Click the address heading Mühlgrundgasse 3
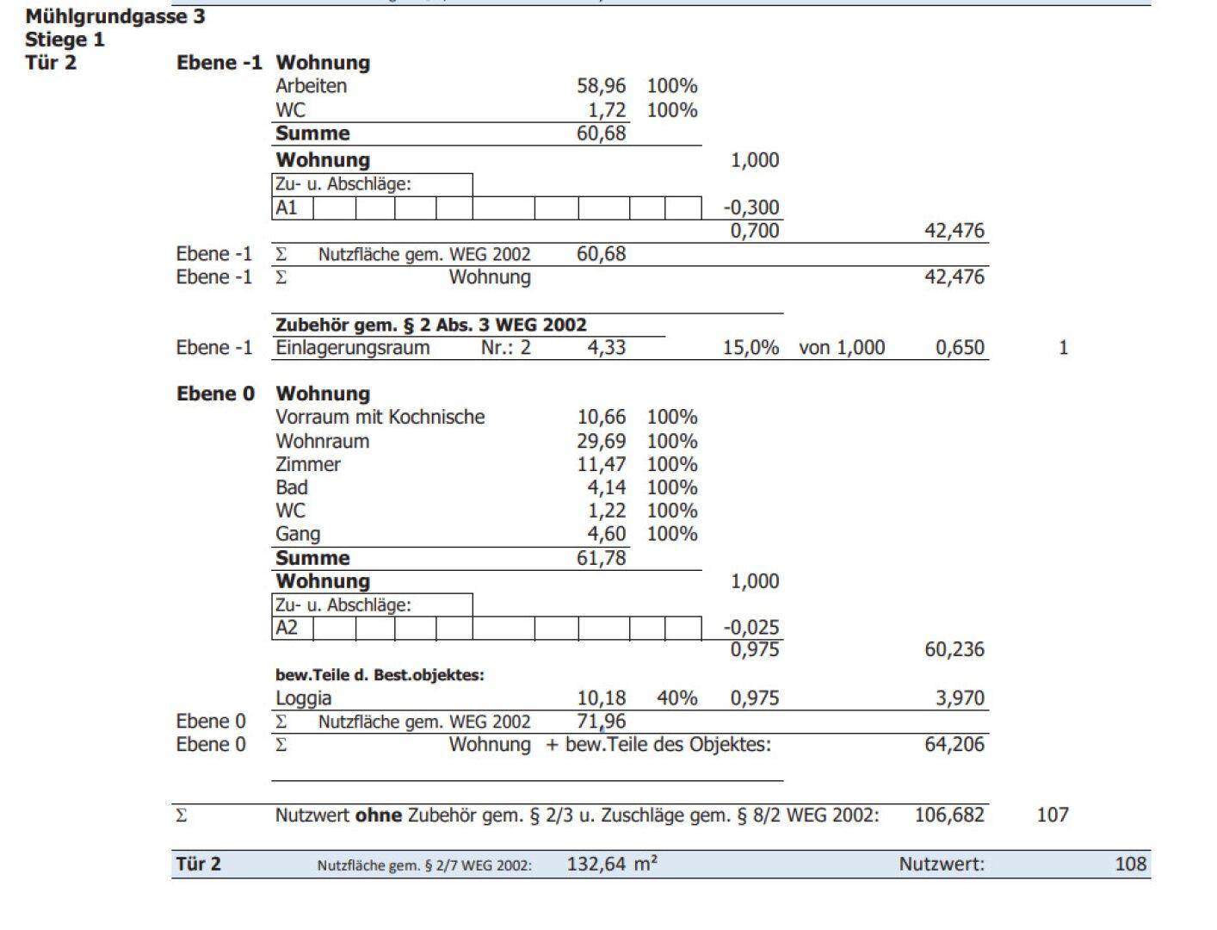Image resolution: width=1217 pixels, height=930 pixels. click(115, 16)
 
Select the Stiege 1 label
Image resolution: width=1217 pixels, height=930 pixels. click(65, 40)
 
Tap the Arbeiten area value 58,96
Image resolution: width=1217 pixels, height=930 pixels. click(601, 86)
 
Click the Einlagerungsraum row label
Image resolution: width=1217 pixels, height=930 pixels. click(352, 348)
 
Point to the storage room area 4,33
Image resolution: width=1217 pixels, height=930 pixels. click(607, 348)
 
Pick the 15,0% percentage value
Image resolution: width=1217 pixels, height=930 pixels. click(751, 348)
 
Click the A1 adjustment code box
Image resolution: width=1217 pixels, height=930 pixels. click(292, 208)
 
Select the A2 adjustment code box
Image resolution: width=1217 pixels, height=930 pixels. click(292, 628)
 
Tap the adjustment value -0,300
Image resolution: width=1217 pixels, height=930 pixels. click(751, 208)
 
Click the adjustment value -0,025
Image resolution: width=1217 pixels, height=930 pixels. click(751, 628)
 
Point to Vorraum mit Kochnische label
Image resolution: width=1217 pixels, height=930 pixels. click(380, 418)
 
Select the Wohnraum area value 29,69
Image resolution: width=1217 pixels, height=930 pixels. click(601, 441)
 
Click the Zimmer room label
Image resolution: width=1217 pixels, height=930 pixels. click(308, 464)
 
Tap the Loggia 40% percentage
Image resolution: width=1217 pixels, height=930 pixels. click(676, 698)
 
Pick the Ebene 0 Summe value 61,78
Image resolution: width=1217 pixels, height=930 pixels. click(601, 558)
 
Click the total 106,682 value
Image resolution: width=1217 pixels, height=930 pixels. click(949, 815)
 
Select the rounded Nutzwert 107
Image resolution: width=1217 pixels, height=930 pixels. click(1052, 815)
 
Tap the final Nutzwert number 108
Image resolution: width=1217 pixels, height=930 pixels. click(1130, 865)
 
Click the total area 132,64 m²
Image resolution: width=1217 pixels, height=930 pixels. click(612, 865)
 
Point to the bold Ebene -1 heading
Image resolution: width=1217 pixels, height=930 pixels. click(219, 63)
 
